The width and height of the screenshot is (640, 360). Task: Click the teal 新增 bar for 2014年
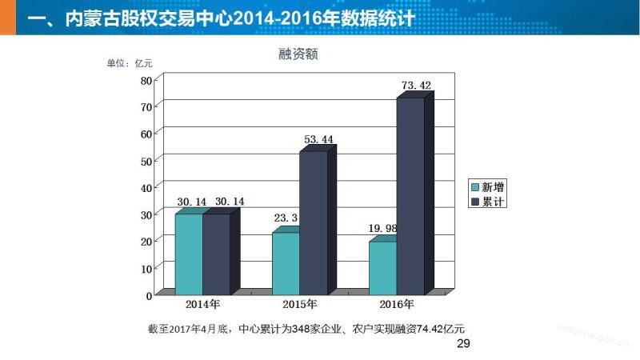pyautogui.click(x=189, y=254)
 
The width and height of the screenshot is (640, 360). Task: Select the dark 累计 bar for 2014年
pyautogui.click(x=216, y=254)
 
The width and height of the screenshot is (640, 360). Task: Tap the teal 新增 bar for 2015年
pyautogui.click(x=286, y=263)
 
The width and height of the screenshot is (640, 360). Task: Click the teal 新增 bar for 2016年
pyautogui.click(x=382, y=268)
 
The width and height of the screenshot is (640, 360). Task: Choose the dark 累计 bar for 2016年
pyautogui.click(x=410, y=195)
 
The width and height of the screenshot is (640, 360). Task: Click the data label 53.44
pyautogui.click(x=318, y=139)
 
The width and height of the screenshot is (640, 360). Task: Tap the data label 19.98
pyautogui.click(x=382, y=229)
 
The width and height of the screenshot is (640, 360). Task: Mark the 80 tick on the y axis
pyautogui.click(x=146, y=80)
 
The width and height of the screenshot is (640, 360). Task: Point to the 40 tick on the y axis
pyautogui.click(x=146, y=187)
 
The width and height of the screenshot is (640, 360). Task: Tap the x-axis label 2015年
pyautogui.click(x=299, y=305)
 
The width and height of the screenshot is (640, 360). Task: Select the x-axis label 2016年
pyautogui.click(x=396, y=305)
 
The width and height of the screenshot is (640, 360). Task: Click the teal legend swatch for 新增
pyautogui.click(x=474, y=187)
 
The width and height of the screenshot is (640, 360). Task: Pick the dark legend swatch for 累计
pyautogui.click(x=474, y=202)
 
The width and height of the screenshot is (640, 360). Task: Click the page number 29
pyautogui.click(x=463, y=343)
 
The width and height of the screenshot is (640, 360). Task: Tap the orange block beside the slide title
pyautogui.click(x=8, y=17)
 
